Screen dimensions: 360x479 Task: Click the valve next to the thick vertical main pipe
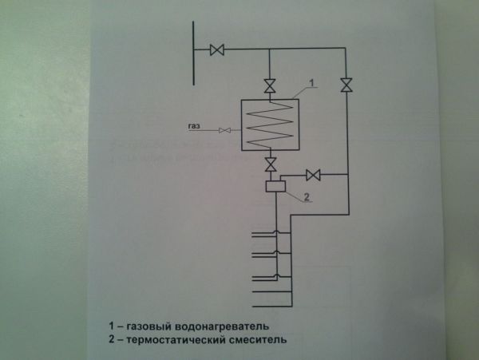[216, 49]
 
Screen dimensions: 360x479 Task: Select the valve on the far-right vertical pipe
[346, 85]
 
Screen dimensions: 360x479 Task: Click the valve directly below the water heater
[271, 164]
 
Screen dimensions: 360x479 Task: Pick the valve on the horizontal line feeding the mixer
[314, 174]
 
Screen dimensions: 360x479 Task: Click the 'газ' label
[194, 126]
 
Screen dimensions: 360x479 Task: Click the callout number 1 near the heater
[315, 82]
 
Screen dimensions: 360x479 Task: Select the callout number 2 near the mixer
[306, 196]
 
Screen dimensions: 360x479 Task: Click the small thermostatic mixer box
[274, 187]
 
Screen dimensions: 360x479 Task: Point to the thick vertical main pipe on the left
[195, 53]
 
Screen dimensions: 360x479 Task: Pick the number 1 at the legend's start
[113, 326]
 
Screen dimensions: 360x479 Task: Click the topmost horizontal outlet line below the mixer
[263, 234]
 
